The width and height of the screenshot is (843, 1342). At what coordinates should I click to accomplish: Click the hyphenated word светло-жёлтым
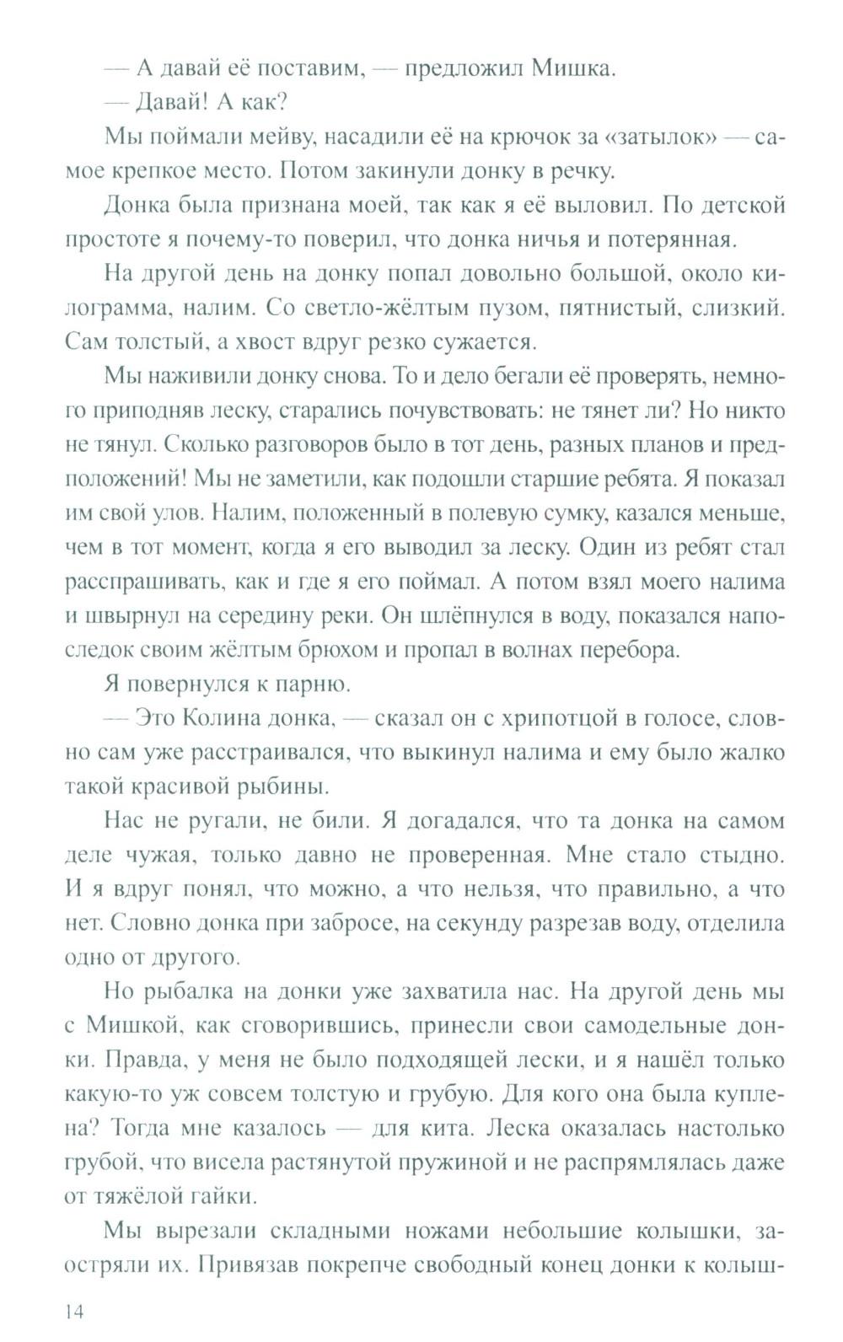pos(356,309)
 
